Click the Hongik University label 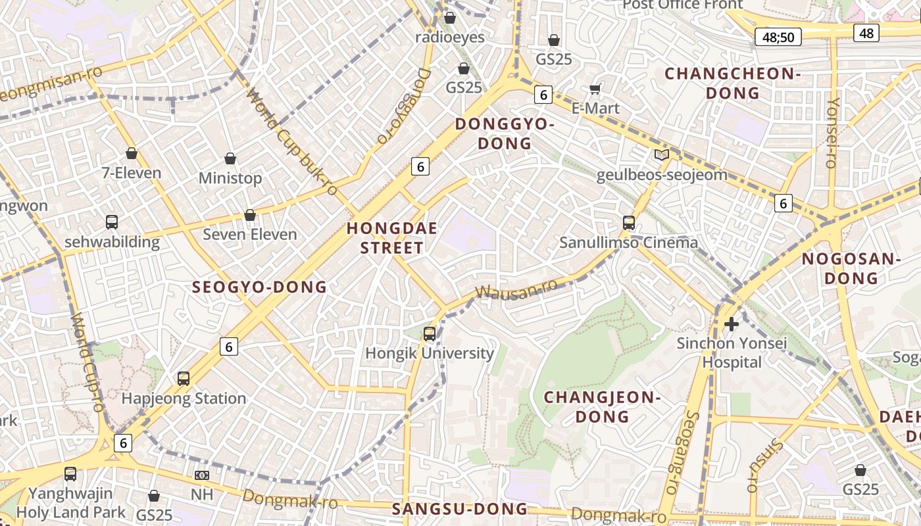(x=430, y=353)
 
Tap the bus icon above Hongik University (x=430, y=334)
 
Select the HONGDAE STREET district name (x=385, y=238)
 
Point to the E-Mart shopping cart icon (x=595, y=89)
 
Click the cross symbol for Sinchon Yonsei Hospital (x=731, y=323)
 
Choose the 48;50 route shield (x=778, y=37)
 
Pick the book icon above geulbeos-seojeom (x=661, y=155)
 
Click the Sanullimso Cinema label (x=628, y=243)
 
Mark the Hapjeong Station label (x=184, y=398)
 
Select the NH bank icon (x=202, y=475)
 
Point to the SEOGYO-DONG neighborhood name (x=259, y=287)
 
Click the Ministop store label (x=230, y=178)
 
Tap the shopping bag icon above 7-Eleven (x=132, y=153)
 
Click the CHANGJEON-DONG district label (x=602, y=407)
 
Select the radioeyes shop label (x=450, y=37)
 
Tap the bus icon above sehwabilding (x=112, y=222)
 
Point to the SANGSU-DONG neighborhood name (x=460, y=509)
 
